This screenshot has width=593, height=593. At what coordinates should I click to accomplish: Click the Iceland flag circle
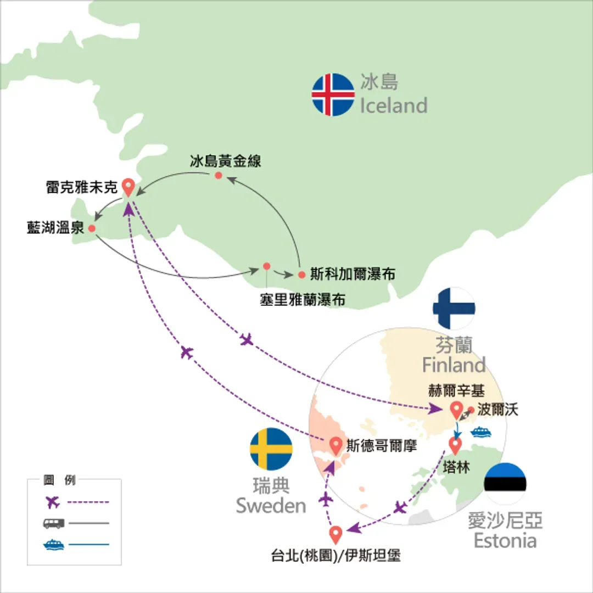(x=333, y=94)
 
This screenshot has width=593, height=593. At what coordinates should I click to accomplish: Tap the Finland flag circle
(x=454, y=308)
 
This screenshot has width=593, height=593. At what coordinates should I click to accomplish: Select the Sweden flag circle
(x=271, y=449)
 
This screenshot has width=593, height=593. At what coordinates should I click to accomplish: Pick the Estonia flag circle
(x=505, y=483)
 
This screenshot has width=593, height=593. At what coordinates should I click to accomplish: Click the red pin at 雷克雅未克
(x=128, y=187)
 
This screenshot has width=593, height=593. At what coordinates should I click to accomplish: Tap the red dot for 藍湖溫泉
(x=92, y=228)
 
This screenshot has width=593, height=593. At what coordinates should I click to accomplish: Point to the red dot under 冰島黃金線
(x=218, y=175)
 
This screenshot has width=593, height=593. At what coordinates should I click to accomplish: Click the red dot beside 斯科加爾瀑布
(x=301, y=275)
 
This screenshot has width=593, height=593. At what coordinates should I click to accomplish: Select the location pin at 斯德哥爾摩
(x=335, y=445)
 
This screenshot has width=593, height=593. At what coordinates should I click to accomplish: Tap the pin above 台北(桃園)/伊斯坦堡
(x=335, y=535)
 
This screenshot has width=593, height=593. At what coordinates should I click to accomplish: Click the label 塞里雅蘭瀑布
(x=302, y=300)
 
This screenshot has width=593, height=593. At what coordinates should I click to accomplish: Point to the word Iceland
(x=393, y=105)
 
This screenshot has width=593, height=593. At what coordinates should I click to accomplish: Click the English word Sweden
(x=271, y=506)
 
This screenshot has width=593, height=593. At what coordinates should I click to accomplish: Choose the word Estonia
(x=505, y=540)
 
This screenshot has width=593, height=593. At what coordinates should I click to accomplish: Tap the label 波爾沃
(x=497, y=409)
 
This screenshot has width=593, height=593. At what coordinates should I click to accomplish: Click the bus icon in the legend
(x=53, y=523)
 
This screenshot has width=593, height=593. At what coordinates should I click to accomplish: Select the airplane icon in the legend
(x=53, y=502)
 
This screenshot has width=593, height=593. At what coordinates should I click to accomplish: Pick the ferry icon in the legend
(x=54, y=545)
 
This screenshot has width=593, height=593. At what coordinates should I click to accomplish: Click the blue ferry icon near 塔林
(x=481, y=432)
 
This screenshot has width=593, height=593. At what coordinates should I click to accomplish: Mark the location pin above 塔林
(x=455, y=445)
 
